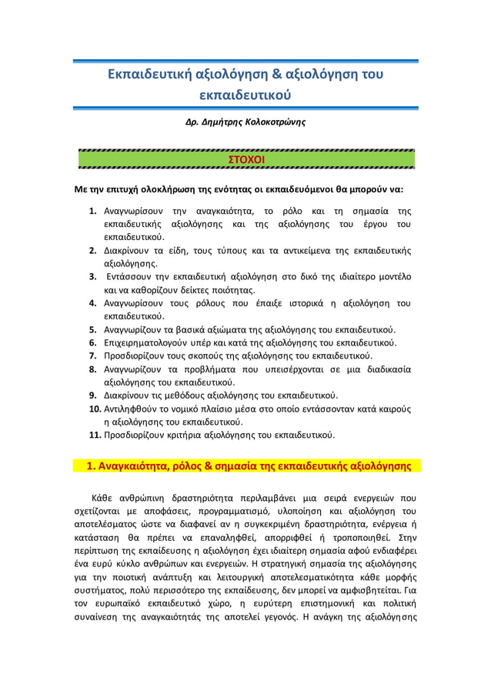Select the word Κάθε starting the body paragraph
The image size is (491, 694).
104,496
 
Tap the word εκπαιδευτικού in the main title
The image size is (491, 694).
245,96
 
